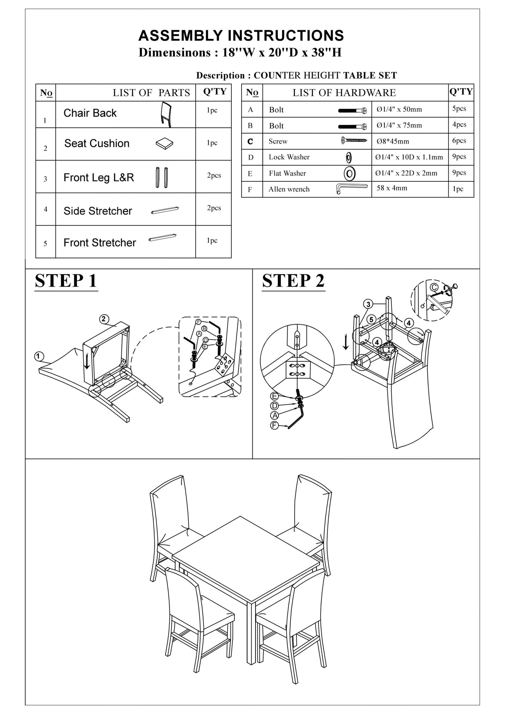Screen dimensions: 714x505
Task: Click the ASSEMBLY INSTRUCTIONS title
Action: (x=241, y=36)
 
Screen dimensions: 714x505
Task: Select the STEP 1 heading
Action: (x=66, y=281)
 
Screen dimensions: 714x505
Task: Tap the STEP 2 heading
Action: (x=293, y=281)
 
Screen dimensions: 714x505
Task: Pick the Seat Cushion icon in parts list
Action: (x=164, y=144)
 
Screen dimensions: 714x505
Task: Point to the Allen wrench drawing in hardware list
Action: (x=351, y=188)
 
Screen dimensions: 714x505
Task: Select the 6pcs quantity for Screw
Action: (x=459, y=140)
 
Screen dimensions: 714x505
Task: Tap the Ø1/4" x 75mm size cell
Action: (x=399, y=125)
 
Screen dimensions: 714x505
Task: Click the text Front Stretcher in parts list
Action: (x=100, y=242)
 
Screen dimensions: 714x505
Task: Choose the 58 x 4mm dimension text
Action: (x=392, y=188)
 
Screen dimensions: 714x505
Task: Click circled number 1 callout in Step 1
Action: (x=39, y=356)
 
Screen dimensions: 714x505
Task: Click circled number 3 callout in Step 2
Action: (x=368, y=304)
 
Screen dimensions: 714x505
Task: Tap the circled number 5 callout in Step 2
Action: (x=371, y=319)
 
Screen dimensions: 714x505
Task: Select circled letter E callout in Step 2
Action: (x=275, y=396)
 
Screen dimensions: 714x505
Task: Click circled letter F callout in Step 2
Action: (x=275, y=425)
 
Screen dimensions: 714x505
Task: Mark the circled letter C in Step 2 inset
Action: (x=434, y=287)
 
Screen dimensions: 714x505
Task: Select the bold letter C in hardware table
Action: (x=250, y=141)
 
